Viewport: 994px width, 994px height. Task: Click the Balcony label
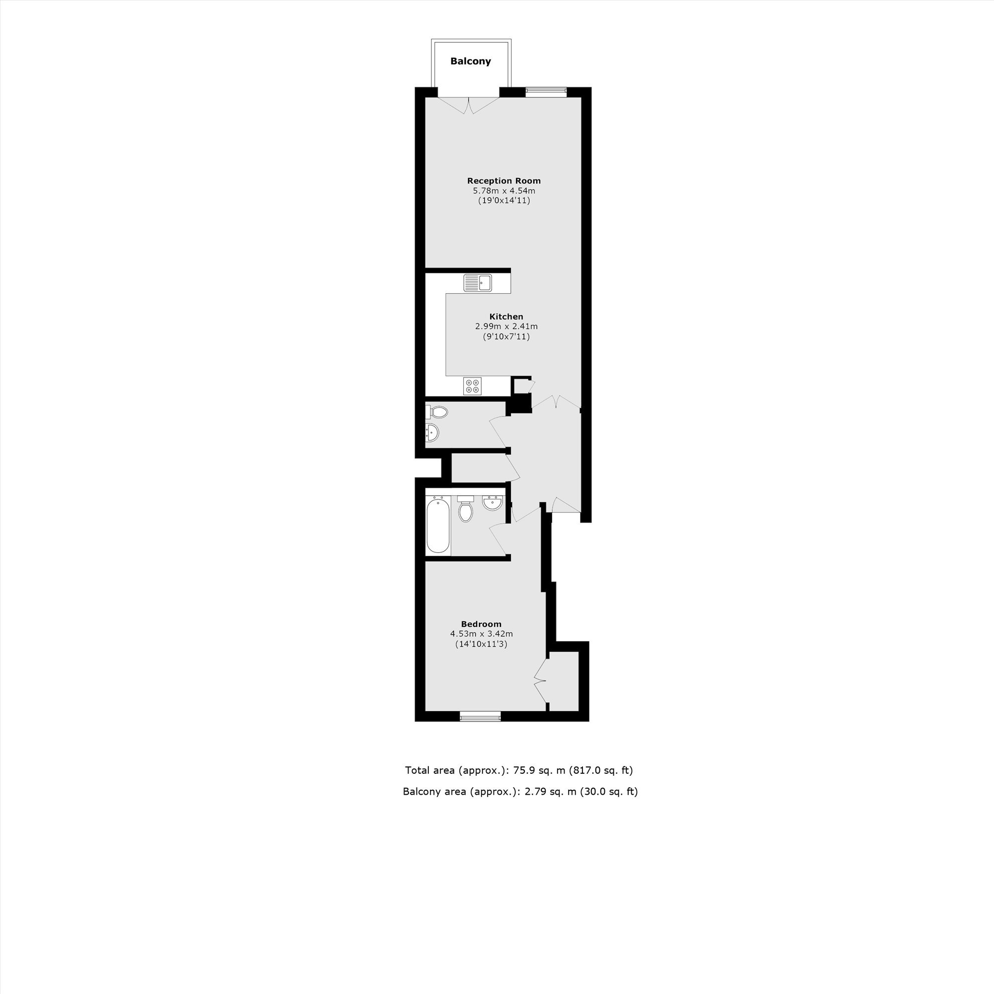(470, 61)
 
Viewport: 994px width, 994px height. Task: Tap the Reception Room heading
(503, 180)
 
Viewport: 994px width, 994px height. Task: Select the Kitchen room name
(506, 317)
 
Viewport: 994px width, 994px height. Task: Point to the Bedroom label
(481, 624)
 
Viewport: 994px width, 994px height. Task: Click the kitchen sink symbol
(478, 282)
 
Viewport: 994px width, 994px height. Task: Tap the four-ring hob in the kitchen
(472, 386)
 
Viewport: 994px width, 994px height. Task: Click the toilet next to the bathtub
(466, 509)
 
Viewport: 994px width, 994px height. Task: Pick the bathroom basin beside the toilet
(493, 502)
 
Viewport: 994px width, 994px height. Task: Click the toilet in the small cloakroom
(437, 412)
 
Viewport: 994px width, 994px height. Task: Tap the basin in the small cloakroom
(432, 433)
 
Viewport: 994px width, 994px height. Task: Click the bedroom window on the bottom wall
(480, 716)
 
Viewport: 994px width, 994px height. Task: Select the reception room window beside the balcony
(546, 92)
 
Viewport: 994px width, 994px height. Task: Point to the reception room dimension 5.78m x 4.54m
(503, 191)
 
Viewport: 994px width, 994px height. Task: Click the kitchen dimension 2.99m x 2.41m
(506, 326)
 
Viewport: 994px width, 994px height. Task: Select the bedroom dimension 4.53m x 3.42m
(481, 634)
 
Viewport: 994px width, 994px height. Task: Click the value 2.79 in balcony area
(535, 792)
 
